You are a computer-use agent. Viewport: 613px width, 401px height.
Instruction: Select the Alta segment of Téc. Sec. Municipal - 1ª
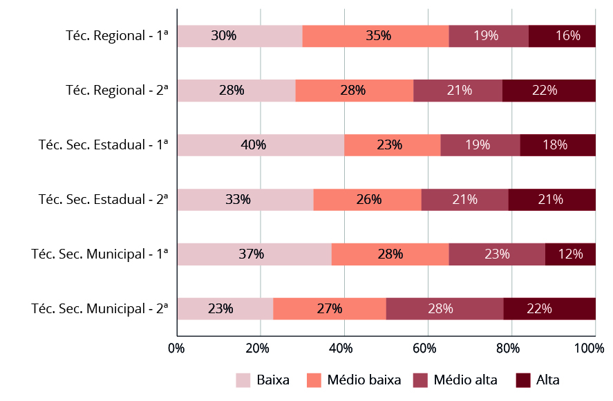coord(570,254)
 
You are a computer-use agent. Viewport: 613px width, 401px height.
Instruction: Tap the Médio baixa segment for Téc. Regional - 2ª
coord(355,91)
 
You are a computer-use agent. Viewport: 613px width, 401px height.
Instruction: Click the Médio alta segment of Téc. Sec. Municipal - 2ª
coord(444,308)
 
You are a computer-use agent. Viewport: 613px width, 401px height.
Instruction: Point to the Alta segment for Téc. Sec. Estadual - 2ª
coord(551,200)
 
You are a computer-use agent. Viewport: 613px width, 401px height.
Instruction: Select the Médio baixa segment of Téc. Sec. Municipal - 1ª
coord(390,254)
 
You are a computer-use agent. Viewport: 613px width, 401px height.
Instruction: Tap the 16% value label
coord(567,36)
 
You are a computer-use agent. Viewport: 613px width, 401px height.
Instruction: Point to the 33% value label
coord(238,200)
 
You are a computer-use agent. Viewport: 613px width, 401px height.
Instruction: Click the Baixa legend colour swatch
coord(243,380)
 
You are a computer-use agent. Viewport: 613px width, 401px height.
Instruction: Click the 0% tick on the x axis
coord(176,348)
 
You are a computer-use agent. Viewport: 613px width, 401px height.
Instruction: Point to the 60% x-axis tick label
coord(426,348)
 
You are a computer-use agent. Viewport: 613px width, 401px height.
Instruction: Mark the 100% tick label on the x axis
coord(590,348)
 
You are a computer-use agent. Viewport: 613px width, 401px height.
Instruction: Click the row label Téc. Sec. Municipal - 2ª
coord(100,308)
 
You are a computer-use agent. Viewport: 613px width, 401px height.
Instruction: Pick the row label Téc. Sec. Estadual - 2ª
coord(104,200)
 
